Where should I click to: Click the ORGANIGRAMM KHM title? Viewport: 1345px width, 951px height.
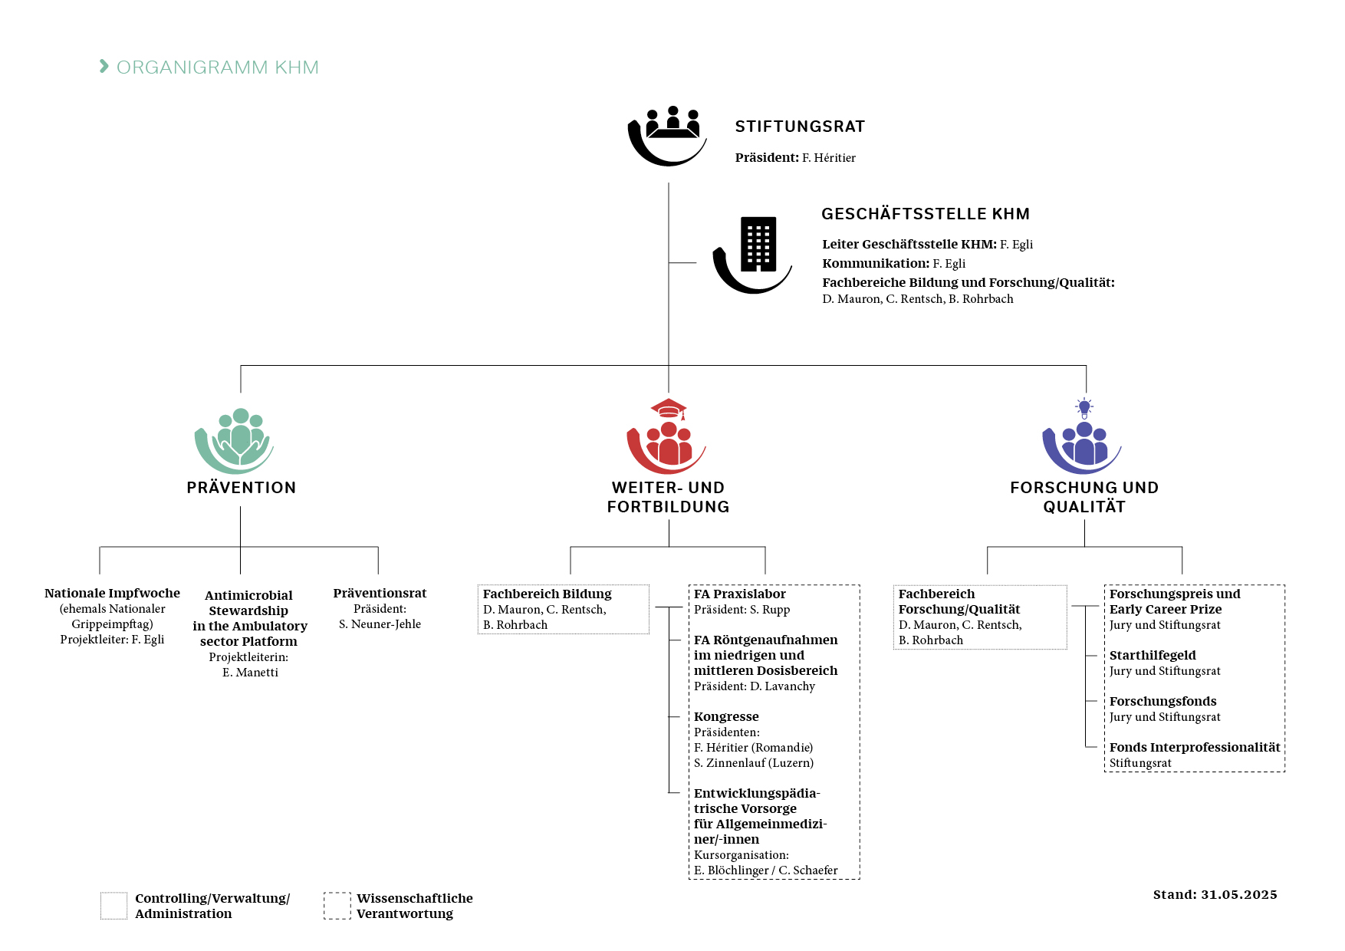point(217,67)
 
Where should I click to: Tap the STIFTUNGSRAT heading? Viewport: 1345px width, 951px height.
point(800,127)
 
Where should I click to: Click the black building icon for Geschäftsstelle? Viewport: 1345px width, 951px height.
point(758,244)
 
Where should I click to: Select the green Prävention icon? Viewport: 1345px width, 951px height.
point(235,440)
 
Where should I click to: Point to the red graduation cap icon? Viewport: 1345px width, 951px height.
point(669,409)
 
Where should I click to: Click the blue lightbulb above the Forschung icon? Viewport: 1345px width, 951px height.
point(1084,407)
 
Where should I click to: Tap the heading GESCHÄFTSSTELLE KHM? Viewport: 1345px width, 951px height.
point(926,214)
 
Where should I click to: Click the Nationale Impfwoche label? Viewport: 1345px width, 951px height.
point(112,593)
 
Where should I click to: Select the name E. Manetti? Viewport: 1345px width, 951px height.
point(250,672)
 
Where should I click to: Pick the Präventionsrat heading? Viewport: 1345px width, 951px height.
point(380,593)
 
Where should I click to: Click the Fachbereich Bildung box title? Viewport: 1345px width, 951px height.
point(548,594)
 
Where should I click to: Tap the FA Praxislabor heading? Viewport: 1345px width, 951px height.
point(740,594)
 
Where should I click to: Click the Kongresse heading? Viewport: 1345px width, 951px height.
point(726,716)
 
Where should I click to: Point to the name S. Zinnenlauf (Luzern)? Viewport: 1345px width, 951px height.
point(754,762)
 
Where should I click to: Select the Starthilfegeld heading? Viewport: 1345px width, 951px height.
point(1153,655)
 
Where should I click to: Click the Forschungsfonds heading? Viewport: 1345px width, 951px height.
point(1162,701)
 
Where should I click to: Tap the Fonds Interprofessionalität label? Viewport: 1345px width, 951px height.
point(1195,747)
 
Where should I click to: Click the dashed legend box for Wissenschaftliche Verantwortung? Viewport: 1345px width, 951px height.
point(337,893)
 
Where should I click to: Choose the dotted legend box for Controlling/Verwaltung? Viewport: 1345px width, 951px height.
point(114,893)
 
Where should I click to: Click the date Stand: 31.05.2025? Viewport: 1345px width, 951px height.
point(1215,894)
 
